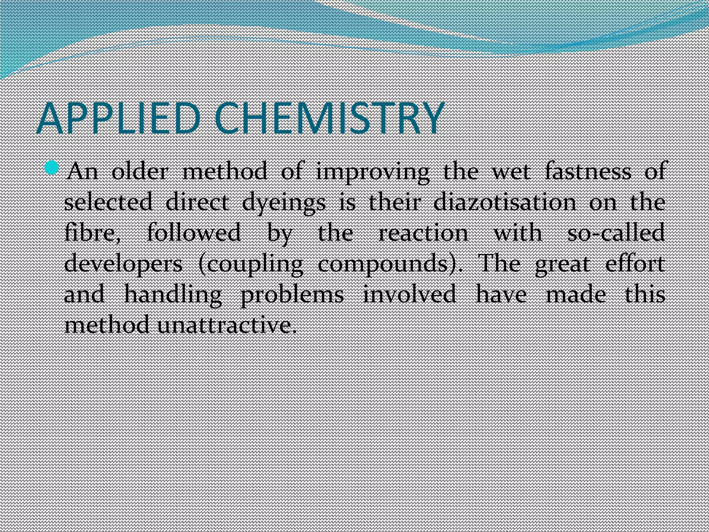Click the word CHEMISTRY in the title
[x=329, y=118]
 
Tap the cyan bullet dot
[x=53, y=168]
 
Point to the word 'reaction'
[x=423, y=233]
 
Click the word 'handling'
[x=173, y=295]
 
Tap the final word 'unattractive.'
[x=227, y=326]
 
